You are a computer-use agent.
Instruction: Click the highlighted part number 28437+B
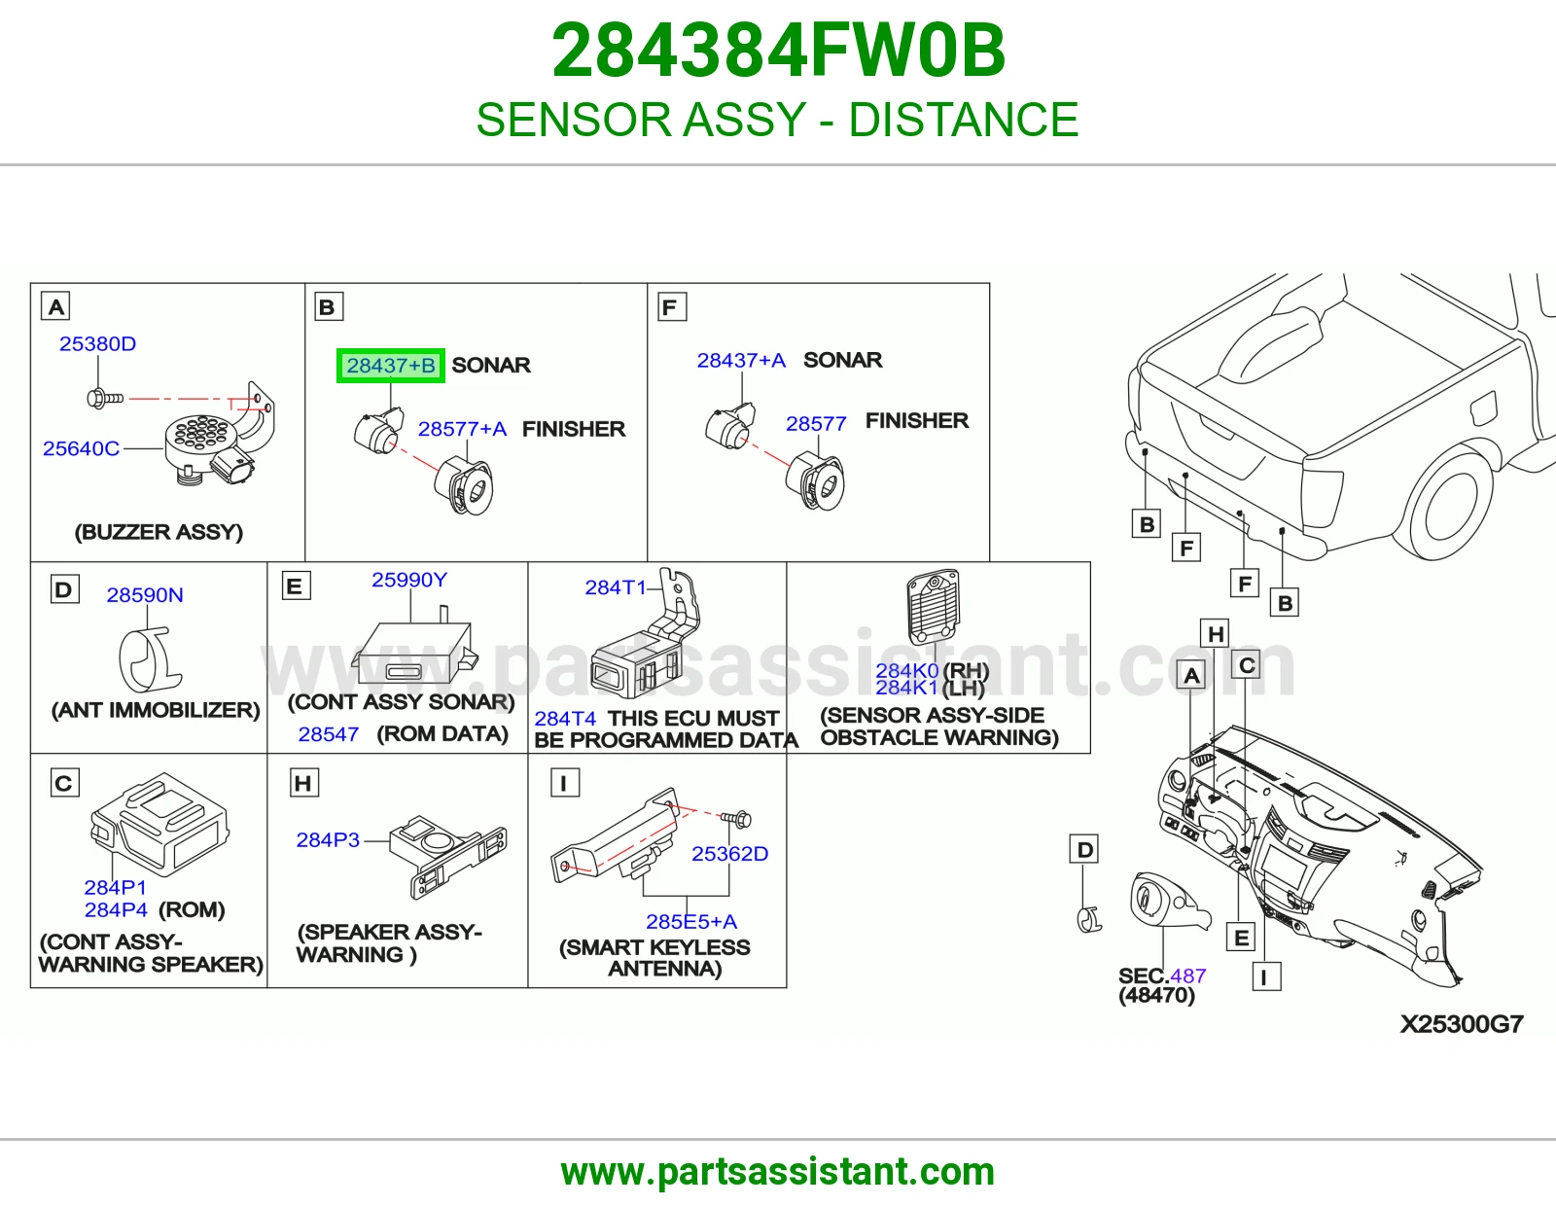pos(391,366)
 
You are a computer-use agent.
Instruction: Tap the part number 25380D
pos(97,343)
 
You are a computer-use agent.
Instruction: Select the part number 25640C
pos(81,448)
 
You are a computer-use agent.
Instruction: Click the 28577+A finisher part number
pos(462,429)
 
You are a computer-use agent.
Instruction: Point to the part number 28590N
pos(145,594)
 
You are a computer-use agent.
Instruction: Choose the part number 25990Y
pos(408,580)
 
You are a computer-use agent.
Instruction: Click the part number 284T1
pos(615,587)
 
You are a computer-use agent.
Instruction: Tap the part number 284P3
pos(328,839)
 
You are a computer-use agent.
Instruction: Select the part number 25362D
pos(729,854)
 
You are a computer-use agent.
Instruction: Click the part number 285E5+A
pos(691,921)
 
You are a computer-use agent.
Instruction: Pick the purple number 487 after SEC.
pos(1188,975)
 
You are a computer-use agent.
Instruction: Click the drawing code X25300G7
pos(1462,1024)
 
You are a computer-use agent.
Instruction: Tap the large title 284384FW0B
pos(778,51)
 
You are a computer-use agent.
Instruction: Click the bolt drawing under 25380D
pos(105,398)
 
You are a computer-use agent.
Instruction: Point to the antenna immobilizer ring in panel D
pos(150,658)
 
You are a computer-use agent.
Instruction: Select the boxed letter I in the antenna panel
pos(564,783)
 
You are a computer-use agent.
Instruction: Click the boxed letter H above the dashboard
pos(1216,634)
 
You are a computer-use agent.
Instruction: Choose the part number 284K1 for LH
pos(906,688)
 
